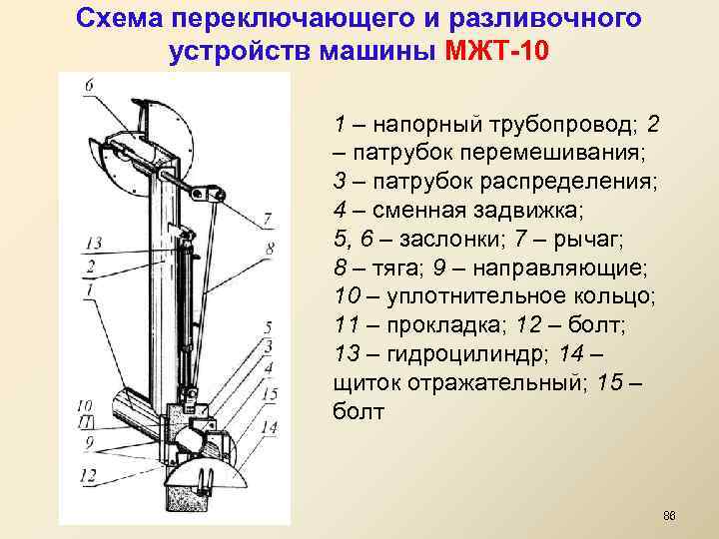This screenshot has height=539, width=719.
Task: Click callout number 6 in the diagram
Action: click(89, 86)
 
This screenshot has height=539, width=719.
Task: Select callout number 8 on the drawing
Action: click(272, 247)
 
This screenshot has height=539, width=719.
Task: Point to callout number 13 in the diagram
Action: click(93, 244)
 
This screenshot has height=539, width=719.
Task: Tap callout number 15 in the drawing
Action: click(267, 394)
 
